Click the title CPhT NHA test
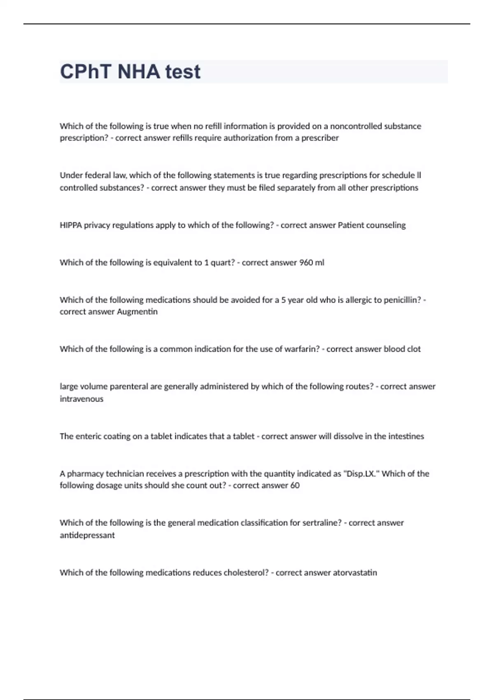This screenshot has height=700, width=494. click(130, 72)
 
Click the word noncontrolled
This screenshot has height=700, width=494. click(356, 126)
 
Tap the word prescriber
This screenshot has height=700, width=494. click(320, 138)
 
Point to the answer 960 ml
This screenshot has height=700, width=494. click(312, 262)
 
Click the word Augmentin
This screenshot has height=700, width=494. click(137, 312)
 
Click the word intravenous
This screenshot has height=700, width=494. click(82, 399)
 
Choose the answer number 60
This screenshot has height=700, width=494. click(295, 485)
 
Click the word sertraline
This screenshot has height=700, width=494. click(322, 523)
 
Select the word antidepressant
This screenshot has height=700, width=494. click(87, 535)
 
